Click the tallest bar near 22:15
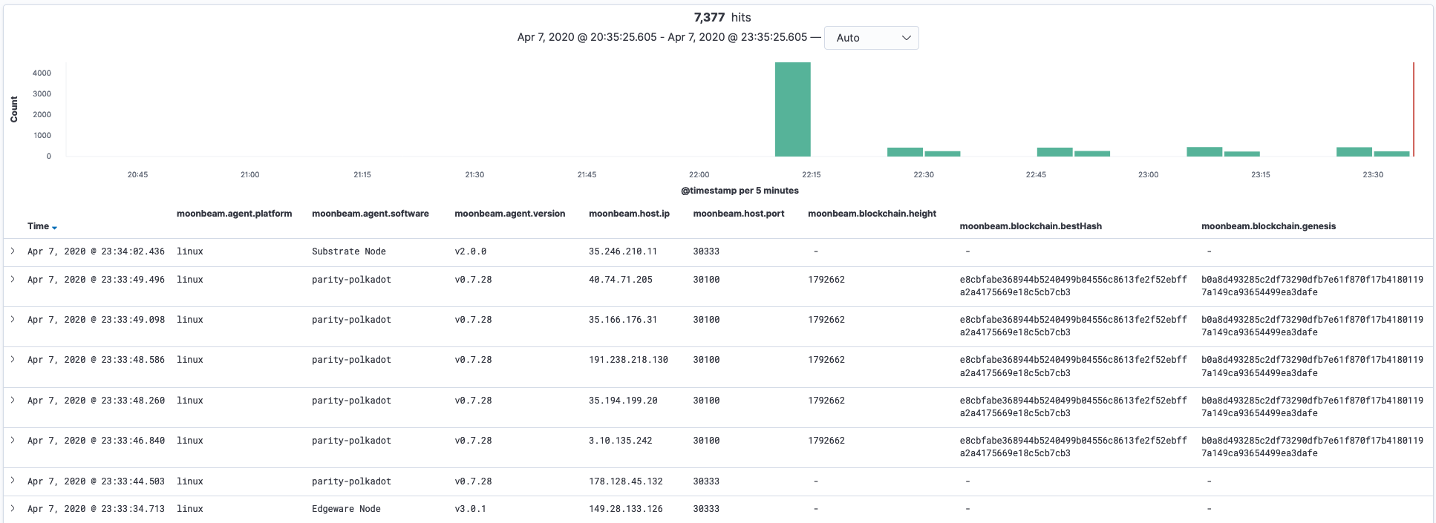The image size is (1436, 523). [x=792, y=110]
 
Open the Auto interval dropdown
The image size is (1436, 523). [x=871, y=38]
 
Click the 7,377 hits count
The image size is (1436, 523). [x=722, y=17]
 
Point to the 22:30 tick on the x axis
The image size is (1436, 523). [x=924, y=174]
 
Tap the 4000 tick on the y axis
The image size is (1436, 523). [x=42, y=73]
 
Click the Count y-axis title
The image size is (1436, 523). [x=14, y=109]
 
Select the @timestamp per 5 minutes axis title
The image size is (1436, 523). [x=740, y=191]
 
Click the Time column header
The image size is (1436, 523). [x=39, y=226]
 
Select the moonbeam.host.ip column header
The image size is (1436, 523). [x=629, y=214]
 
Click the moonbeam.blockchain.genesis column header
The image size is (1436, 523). [x=1268, y=226]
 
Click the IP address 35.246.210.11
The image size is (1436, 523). [x=622, y=251]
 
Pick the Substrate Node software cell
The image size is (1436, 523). [x=348, y=251]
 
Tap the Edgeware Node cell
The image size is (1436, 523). [x=346, y=509]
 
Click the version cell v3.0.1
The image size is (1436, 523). [x=470, y=509]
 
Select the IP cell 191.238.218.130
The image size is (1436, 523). [x=628, y=360]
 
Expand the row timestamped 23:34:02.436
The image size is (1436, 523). [x=13, y=251]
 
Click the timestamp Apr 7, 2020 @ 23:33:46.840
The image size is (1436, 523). [x=96, y=441]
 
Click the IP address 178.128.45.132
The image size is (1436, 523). [x=625, y=481]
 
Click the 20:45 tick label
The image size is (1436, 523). [x=137, y=174]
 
